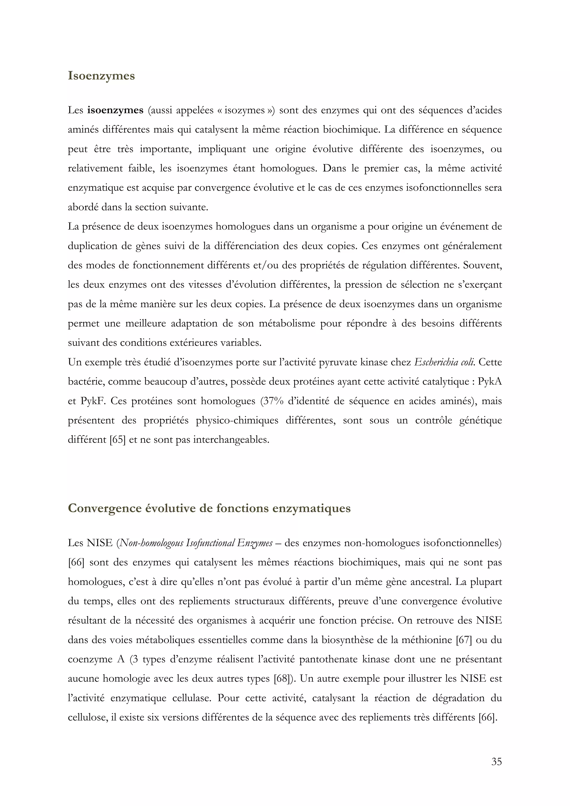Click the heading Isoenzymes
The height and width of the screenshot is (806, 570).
click(101, 76)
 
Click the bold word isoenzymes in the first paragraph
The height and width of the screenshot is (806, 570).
click(115, 110)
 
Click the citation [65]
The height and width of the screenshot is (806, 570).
click(118, 439)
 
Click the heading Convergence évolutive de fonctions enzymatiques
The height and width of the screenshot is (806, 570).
click(209, 508)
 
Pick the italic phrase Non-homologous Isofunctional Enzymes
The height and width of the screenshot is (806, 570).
click(196, 543)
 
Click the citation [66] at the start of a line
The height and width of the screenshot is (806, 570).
click(76, 562)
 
